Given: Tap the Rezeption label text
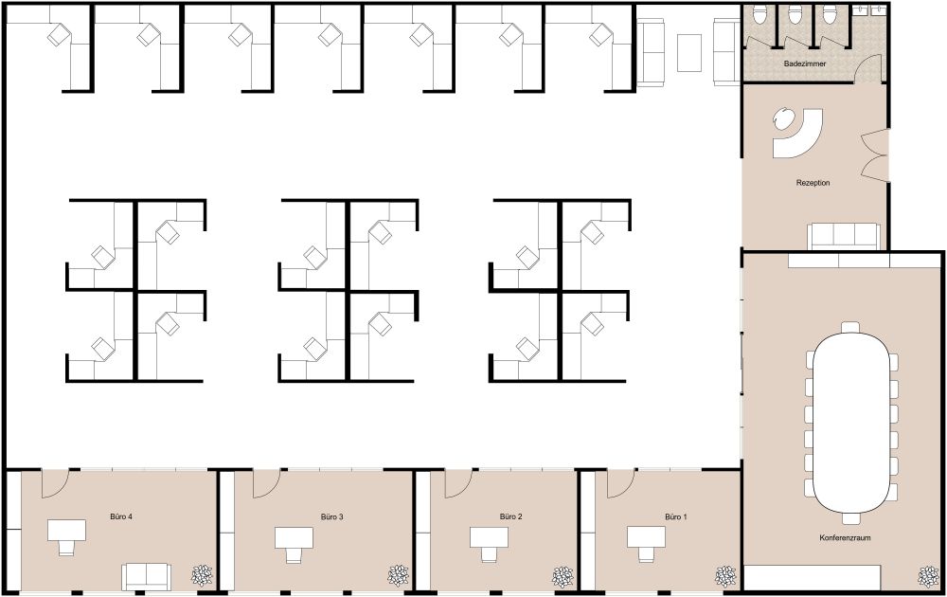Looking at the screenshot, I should (x=813, y=182).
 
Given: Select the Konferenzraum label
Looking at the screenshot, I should (x=845, y=537).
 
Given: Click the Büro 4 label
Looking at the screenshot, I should (x=120, y=516).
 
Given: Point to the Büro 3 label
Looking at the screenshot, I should (x=331, y=516).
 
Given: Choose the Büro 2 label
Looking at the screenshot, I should (x=511, y=516).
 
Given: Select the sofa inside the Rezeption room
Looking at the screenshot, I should (x=843, y=235).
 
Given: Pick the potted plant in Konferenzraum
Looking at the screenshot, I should (x=926, y=575).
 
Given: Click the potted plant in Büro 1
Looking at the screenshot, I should (x=726, y=575).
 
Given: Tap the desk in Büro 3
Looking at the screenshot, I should (x=295, y=538).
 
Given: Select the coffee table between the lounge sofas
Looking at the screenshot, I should (x=689, y=51).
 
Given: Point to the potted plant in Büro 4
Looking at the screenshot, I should (x=203, y=575).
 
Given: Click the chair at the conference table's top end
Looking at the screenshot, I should (x=851, y=326).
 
